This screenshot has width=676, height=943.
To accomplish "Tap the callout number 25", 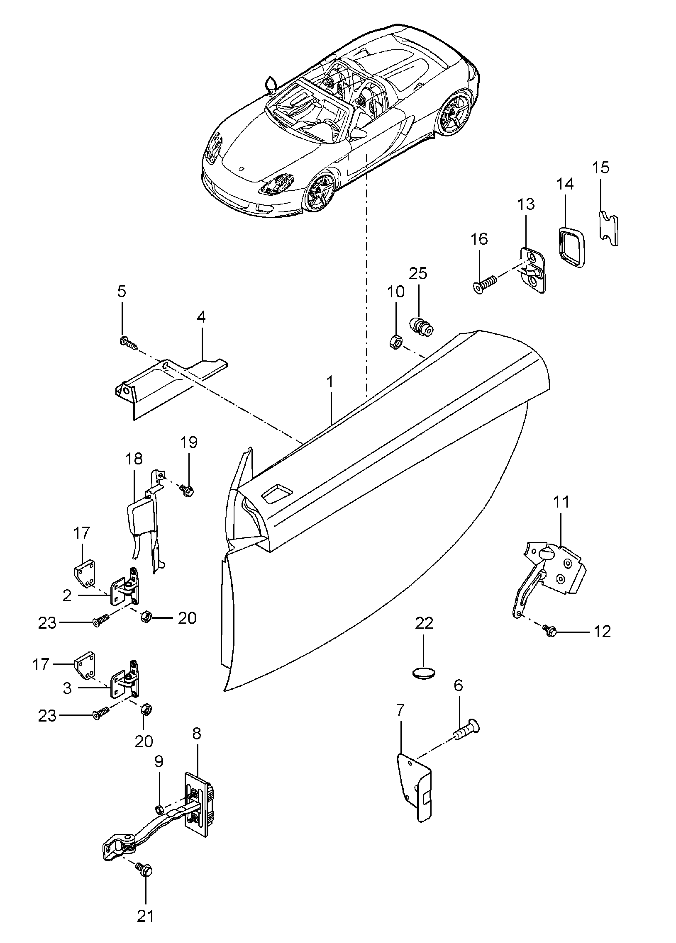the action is point(418,273).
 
